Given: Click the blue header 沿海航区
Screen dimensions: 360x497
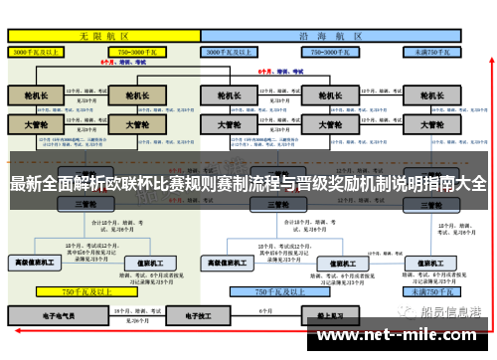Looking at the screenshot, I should pyautogui.click(x=328, y=33).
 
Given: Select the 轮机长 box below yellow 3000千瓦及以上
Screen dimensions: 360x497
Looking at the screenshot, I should pyautogui.click(x=36, y=95).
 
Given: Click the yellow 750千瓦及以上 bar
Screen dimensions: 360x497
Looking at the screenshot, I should pyautogui.click(x=84, y=292).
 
